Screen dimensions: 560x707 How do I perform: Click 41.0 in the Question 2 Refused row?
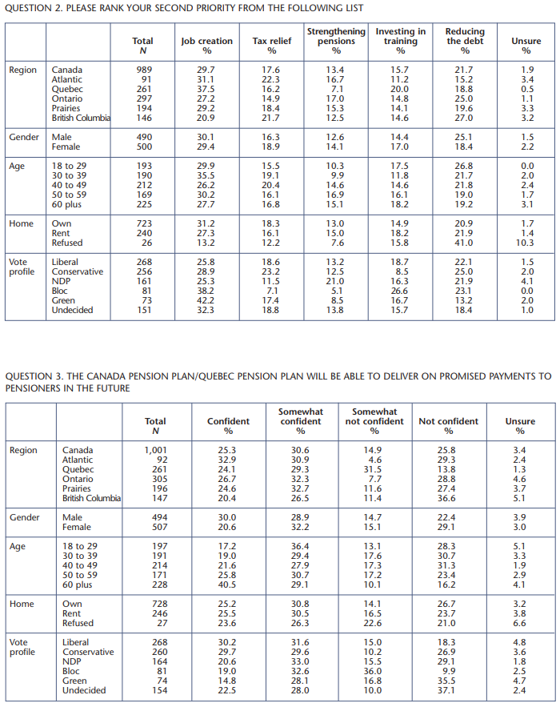[x=463, y=243]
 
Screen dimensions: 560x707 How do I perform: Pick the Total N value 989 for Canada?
[x=144, y=70]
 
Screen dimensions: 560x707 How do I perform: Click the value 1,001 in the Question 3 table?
[x=155, y=450]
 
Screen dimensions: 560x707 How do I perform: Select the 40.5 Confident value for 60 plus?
[x=227, y=584]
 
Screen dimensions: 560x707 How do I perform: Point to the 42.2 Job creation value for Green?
[x=206, y=300]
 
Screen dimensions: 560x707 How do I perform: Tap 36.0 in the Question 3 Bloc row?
[x=373, y=671]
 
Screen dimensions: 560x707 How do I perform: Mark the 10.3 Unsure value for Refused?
[x=525, y=243]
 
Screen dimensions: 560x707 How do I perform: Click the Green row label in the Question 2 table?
[x=63, y=300]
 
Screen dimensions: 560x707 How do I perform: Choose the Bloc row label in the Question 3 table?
[x=71, y=671]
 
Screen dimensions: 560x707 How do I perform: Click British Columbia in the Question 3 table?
[x=91, y=498]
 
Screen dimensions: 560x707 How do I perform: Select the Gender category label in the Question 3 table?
[x=24, y=517]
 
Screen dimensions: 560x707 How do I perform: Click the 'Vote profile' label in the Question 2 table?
[x=22, y=267]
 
